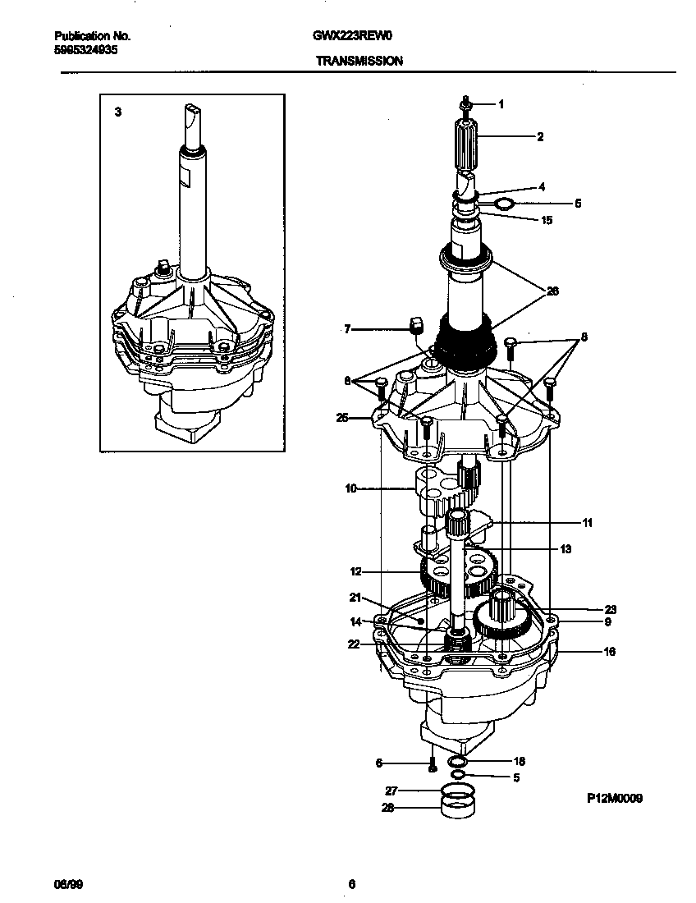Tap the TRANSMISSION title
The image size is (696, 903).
click(359, 61)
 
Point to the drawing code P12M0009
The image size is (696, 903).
click(614, 797)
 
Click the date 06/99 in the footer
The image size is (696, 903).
click(65, 884)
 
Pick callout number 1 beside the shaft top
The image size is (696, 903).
click(501, 104)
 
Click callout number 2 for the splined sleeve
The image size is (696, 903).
click(540, 137)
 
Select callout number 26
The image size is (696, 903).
click(552, 290)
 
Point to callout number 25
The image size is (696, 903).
click(342, 418)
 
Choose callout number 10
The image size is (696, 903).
click(350, 488)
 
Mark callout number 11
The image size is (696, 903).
click(587, 522)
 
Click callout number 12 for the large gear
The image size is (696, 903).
click(355, 571)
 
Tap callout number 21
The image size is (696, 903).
click(355, 597)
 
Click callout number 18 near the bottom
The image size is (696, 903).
click(519, 762)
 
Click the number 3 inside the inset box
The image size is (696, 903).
click(118, 112)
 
